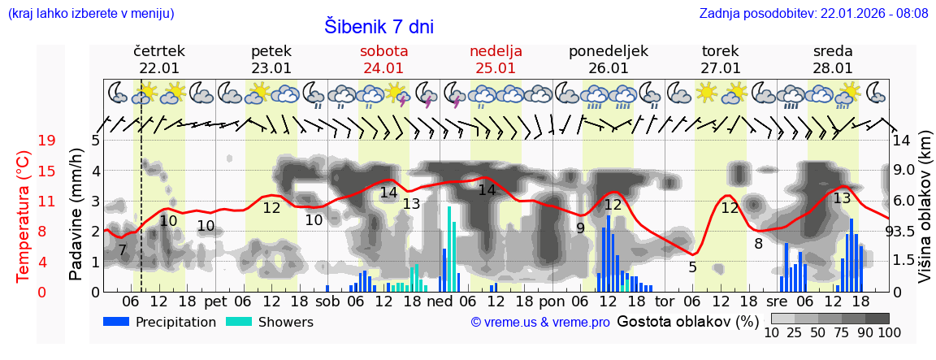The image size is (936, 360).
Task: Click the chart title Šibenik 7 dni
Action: tap(379, 26)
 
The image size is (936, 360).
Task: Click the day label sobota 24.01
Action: tap(383, 59)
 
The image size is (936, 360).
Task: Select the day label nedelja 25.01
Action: tap(496, 59)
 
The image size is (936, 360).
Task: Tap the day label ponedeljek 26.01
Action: tap(608, 59)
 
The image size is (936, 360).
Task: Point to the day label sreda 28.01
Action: tap(833, 59)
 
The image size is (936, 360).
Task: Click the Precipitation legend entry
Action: tap(158, 322)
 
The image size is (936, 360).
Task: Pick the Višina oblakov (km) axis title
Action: tap(925, 215)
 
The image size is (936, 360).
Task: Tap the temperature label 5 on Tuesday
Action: tap(692, 267)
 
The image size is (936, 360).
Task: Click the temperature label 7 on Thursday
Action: tap(122, 251)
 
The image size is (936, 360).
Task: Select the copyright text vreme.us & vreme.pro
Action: tap(540, 322)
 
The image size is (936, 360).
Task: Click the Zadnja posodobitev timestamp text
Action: tap(813, 13)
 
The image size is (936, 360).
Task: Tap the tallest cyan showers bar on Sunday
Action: tap(449, 249)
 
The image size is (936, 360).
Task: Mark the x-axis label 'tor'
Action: tap(665, 301)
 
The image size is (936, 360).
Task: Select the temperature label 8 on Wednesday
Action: tap(758, 243)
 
